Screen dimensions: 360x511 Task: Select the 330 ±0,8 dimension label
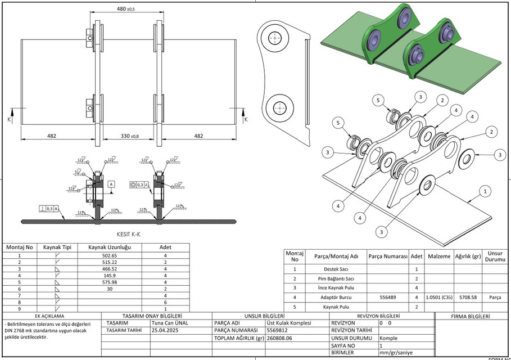[x=129, y=136]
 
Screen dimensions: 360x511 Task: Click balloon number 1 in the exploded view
[x=484, y=191]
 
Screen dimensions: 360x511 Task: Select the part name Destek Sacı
[x=336, y=269]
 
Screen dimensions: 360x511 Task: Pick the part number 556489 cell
[x=388, y=296]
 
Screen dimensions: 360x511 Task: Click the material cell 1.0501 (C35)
[x=438, y=296]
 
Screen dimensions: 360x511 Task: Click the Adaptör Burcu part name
[x=336, y=296]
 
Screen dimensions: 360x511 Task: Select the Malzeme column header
[x=438, y=256]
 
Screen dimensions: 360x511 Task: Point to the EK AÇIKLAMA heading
[x=49, y=317]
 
